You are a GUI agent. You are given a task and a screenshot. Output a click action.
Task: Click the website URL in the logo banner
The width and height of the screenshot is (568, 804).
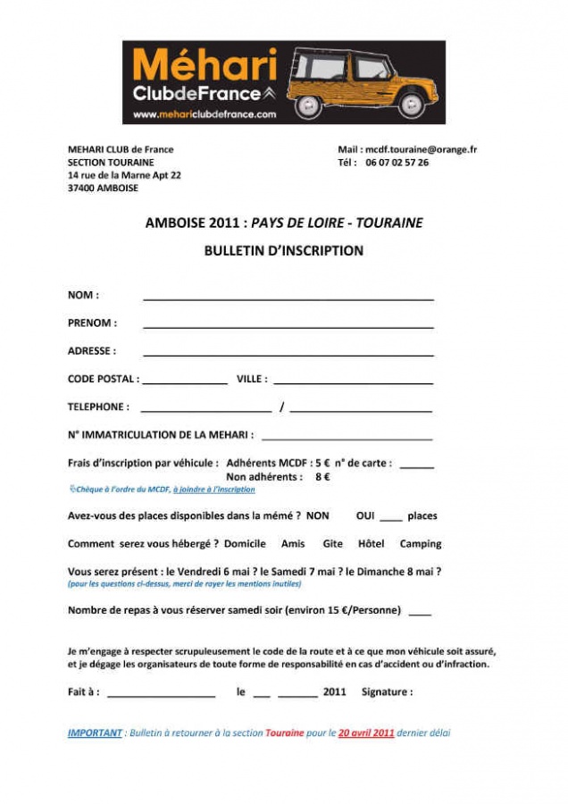click(205, 114)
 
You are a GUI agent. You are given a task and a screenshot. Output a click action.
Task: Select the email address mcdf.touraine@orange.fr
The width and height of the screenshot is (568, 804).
click(420, 149)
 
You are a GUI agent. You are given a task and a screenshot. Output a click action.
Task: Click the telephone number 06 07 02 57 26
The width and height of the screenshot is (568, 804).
click(397, 163)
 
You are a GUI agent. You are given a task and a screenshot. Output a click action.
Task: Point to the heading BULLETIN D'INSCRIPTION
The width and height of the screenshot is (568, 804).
click(283, 251)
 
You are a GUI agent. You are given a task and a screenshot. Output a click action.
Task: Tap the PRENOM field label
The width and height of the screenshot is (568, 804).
click(92, 323)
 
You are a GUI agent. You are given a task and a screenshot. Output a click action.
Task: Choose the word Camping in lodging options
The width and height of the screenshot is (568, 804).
click(420, 543)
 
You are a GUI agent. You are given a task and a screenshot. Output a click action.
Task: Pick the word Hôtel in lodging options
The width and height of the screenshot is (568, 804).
click(371, 543)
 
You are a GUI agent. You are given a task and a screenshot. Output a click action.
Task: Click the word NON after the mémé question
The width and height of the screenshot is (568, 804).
click(317, 515)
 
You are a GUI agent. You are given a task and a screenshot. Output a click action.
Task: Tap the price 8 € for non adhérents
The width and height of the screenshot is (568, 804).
click(322, 477)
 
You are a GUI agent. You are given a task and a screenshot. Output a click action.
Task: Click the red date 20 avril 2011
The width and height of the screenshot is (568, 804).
click(366, 733)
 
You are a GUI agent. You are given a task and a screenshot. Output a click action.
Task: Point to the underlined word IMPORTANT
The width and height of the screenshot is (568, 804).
click(95, 733)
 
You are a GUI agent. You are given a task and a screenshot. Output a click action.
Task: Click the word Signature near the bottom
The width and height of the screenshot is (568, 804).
click(387, 691)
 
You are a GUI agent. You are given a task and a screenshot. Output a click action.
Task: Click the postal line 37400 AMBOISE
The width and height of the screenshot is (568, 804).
click(103, 188)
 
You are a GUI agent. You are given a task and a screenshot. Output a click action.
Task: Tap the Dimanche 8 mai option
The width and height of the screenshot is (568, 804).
click(393, 571)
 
